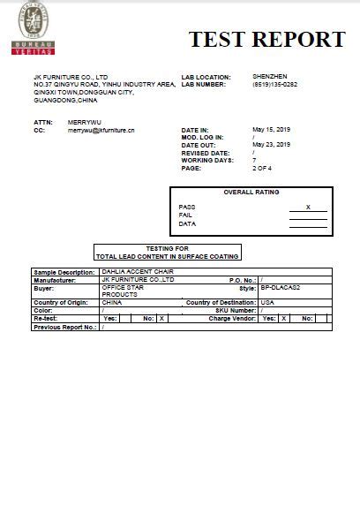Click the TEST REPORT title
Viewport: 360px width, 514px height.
point(266,39)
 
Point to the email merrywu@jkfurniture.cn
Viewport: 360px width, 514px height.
point(101,129)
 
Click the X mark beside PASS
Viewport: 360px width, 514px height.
point(308,206)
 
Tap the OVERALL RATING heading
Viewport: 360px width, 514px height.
point(251,192)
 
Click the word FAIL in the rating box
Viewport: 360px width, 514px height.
point(185,215)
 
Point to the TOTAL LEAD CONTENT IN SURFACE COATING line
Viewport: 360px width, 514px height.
point(167,256)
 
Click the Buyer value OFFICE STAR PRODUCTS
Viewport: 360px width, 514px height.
point(123,291)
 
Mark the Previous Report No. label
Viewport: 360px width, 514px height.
point(64,327)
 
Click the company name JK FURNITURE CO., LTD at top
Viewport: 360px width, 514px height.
point(71,78)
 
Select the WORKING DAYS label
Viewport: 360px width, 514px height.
point(206,159)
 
